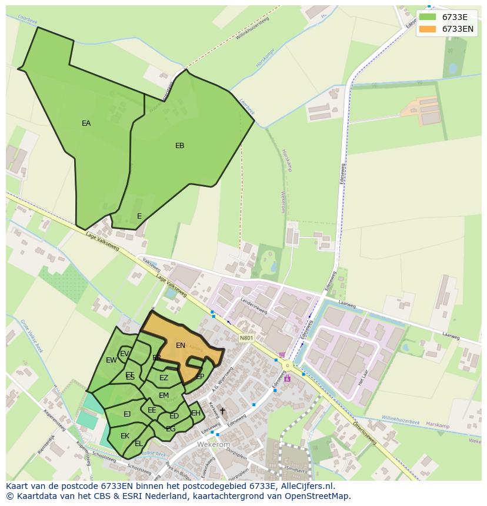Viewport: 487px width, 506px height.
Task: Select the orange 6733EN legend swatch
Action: point(428,29)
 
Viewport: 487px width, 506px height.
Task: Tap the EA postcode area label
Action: point(86,123)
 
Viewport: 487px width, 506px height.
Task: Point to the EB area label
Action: point(180,146)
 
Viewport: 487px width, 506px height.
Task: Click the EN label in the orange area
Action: point(181,346)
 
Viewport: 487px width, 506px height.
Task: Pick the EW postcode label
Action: point(111,360)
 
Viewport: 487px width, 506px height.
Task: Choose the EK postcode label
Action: point(125,436)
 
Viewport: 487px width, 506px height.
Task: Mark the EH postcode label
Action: point(196,413)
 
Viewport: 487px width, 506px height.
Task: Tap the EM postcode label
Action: point(164,396)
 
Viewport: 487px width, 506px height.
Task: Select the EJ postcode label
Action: point(127,414)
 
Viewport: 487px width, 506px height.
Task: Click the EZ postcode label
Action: point(164,378)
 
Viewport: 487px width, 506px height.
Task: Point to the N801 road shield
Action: point(246,338)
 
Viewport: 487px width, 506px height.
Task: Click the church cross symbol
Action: point(222,411)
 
